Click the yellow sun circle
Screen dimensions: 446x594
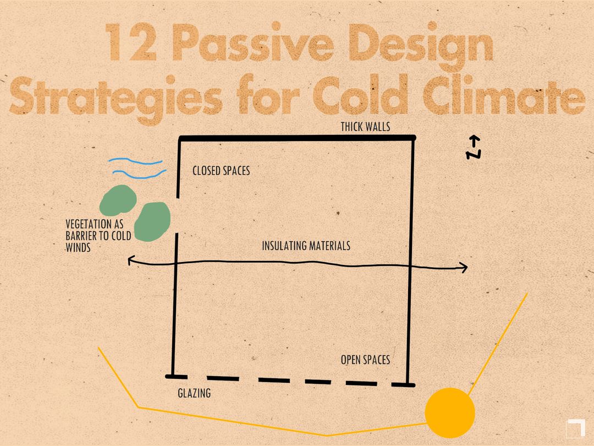point(450,412)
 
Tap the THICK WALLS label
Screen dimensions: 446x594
point(365,127)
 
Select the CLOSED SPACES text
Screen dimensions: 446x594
point(221,171)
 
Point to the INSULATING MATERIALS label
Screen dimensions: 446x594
point(306,246)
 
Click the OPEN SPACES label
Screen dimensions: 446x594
point(365,360)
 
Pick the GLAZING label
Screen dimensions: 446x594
point(194,394)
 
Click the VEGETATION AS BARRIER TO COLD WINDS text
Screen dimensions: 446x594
point(98,236)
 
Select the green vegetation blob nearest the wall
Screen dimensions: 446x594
point(152,221)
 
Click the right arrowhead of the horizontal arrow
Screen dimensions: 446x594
point(463,268)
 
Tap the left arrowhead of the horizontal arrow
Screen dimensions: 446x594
point(131,261)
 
